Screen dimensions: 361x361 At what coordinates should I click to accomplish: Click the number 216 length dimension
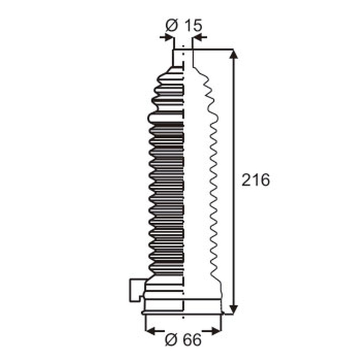pyautogui.click(x=256, y=180)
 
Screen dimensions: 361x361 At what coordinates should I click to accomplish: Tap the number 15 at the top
pyautogui.click(x=193, y=25)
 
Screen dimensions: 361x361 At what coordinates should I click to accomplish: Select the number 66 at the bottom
pyautogui.click(x=193, y=340)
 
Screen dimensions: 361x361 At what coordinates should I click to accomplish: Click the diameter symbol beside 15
pyautogui.click(x=172, y=25)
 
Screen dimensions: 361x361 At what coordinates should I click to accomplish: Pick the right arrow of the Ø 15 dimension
pyautogui.click(x=200, y=37)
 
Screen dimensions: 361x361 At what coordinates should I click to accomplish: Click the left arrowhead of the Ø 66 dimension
pyautogui.click(x=152, y=331)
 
